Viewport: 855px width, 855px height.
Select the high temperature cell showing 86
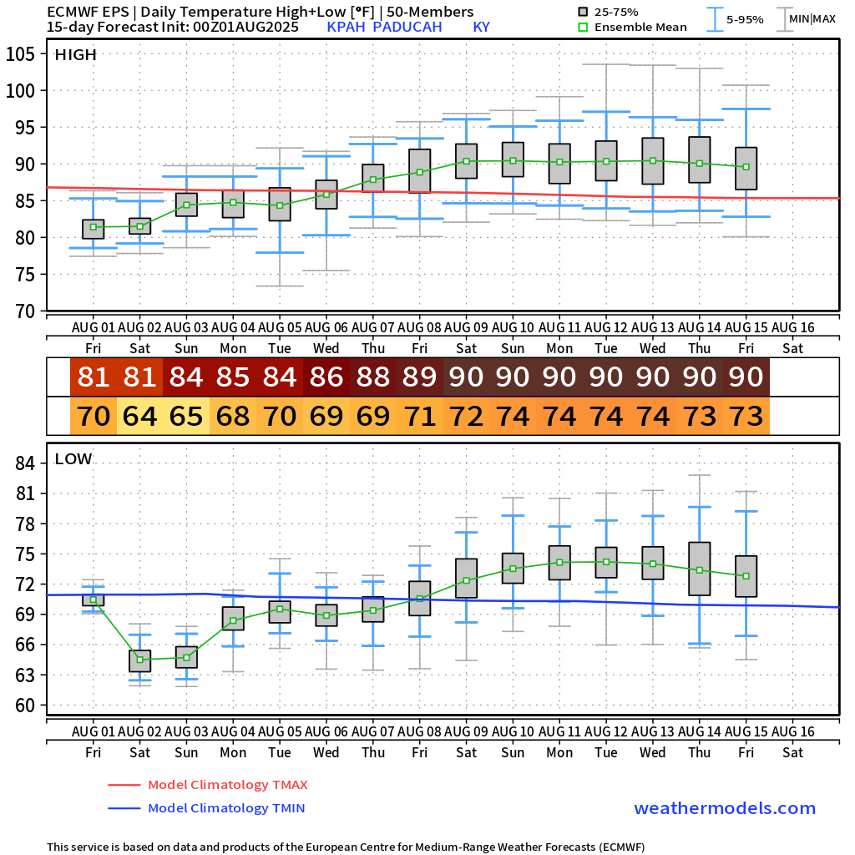click(x=326, y=377)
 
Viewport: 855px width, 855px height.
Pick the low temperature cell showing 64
click(x=140, y=415)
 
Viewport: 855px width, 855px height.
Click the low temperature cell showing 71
click(x=420, y=415)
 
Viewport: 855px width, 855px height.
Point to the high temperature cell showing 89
click(x=420, y=377)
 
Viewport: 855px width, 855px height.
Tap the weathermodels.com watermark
click(x=724, y=808)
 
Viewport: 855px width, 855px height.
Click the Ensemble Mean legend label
click(x=640, y=27)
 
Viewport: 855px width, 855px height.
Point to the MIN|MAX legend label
click(x=812, y=18)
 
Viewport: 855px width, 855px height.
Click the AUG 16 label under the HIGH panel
click(x=792, y=326)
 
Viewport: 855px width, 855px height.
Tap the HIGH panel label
click(x=76, y=55)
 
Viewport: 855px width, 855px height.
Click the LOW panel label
click(x=73, y=458)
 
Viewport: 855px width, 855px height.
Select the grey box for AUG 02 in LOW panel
click(x=140, y=660)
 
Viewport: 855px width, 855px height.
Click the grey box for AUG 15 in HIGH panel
click(x=746, y=169)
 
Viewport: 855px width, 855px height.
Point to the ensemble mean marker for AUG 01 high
click(x=94, y=227)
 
